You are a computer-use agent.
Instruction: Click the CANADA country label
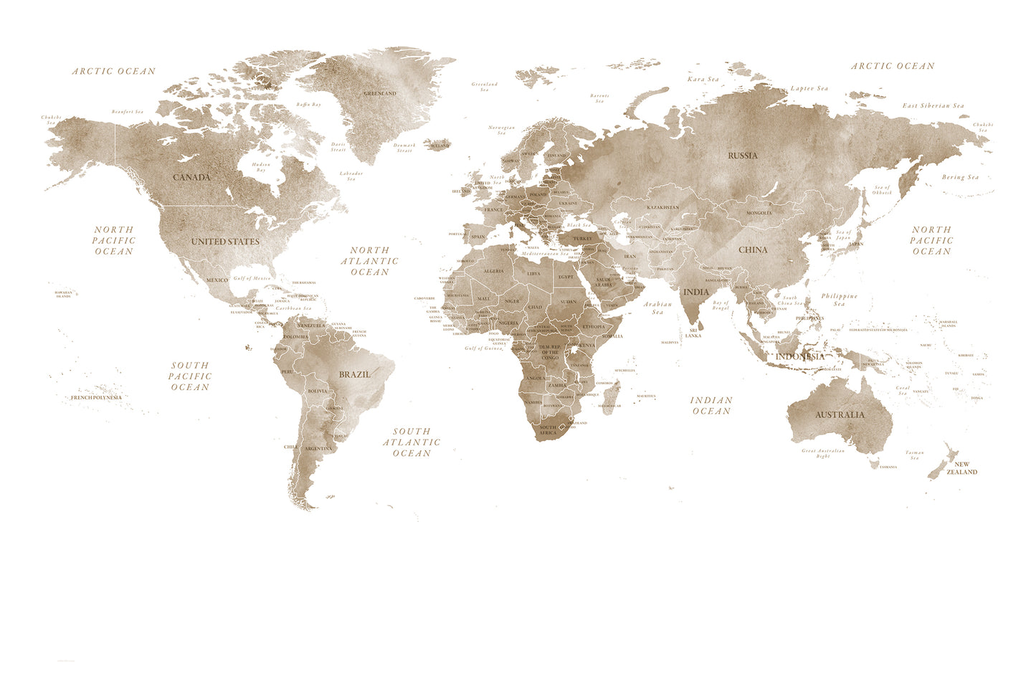coord(192,177)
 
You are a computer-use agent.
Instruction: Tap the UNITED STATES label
coord(225,242)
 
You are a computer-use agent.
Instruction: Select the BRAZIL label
coord(355,374)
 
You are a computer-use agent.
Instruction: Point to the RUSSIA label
coord(743,156)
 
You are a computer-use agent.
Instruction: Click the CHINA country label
coord(753,250)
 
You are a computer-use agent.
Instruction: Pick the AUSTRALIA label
coord(840,414)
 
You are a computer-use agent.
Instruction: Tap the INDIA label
coord(696,292)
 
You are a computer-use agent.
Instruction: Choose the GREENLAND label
coord(380,94)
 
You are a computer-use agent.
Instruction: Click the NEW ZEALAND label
coord(961,468)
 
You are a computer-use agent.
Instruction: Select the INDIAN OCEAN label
coord(711,406)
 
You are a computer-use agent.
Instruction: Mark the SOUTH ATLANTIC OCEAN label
coord(412,442)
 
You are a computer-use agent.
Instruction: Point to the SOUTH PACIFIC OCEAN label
coord(191,376)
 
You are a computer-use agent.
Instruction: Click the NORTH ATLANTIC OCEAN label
coord(370,261)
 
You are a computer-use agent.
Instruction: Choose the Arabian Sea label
coord(657,308)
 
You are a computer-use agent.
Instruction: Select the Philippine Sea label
coord(840,300)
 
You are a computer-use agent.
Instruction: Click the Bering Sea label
coord(960,177)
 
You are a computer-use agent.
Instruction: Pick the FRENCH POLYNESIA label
coord(96,397)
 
